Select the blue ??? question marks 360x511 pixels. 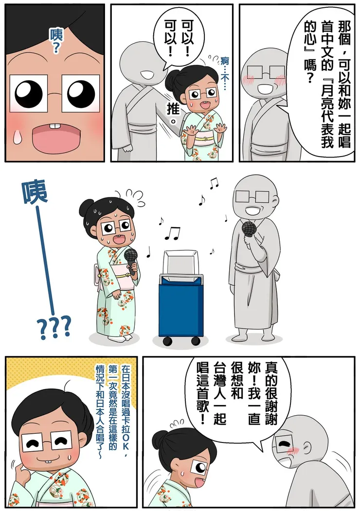coord(54,327)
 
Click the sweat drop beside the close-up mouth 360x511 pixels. coord(17,136)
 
